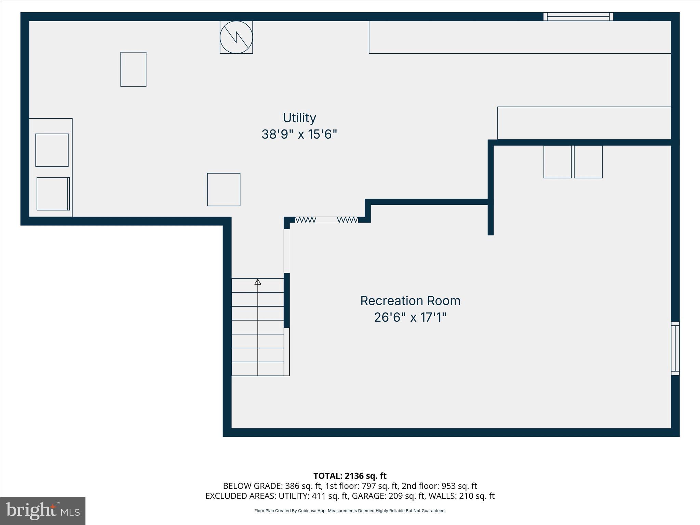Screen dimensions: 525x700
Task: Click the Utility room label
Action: click(299, 118)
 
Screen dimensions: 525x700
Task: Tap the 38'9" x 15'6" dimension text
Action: click(299, 134)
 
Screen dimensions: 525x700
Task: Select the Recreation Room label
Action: click(410, 301)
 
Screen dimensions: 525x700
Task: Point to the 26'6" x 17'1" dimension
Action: click(410, 318)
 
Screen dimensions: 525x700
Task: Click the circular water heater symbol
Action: click(236, 37)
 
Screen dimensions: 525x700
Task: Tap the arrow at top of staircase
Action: click(258, 282)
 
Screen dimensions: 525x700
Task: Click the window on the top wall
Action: click(578, 16)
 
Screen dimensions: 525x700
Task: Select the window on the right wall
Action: click(675, 348)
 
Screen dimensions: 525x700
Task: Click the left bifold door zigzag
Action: click(306, 220)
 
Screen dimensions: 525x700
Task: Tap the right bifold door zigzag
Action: click(348, 220)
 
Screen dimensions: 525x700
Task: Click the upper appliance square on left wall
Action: click(52, 150)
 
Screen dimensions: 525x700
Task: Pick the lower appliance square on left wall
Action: click(53, 194)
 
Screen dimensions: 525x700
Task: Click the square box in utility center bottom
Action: click(224, 190)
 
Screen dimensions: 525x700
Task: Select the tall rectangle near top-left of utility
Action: click(133, 69)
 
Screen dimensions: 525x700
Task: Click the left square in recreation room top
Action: click(557, 162)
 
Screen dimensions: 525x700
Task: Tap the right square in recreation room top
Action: click(588, 162)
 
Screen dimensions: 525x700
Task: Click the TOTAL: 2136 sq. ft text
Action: click(350, 476)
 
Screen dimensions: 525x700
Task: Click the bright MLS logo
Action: click(43, 511)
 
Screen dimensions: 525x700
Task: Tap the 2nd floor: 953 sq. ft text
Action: click(439, 486)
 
